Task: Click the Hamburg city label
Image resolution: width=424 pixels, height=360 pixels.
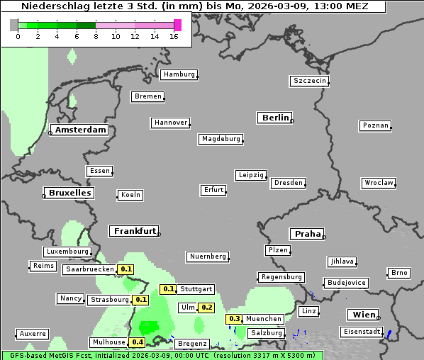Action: (x=179, y=74)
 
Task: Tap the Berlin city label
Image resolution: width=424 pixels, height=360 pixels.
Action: (x=275, y=118)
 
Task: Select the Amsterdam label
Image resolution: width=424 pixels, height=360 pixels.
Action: (x=80, y=130)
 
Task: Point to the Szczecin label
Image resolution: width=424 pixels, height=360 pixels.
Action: (x=310, y=81)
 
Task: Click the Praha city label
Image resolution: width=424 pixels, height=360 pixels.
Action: (x=306, y=234)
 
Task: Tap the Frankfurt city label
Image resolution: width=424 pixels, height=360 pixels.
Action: (x=133, y=231)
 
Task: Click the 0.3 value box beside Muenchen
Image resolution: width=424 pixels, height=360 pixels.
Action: (x=235, y=319)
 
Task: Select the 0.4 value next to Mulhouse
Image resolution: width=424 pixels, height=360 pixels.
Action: (x=138, y=342)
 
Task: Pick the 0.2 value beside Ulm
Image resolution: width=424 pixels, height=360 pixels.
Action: (x=206, y=308)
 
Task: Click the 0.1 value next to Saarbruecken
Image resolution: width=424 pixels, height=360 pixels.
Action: (x=126, y=269)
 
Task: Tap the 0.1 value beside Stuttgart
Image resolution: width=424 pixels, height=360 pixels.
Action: (x=168, y=289)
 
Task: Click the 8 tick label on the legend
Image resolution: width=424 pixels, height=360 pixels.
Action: (x=96, y=35)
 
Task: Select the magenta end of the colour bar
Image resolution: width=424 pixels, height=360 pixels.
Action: (x=177, y=25)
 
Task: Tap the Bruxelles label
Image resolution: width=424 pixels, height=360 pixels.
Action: (x=69, y=193)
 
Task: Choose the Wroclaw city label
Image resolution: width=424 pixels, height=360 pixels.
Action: (x=379, y=183)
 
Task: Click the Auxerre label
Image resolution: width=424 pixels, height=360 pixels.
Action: (x=33, y=333)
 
